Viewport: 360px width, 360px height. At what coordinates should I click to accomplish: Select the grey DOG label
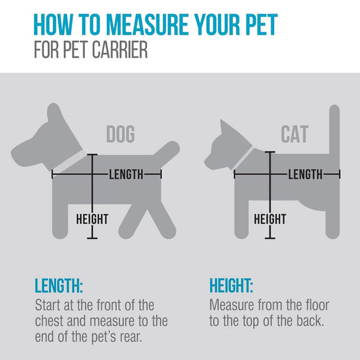pos(120,134)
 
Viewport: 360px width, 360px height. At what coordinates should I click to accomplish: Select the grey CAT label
pos(295,134)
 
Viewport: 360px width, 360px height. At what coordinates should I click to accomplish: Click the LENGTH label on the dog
pos(126,174)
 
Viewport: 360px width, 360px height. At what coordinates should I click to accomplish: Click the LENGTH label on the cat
pos(305,174)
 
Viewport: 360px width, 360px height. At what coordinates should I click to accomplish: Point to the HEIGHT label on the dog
pos(92,219)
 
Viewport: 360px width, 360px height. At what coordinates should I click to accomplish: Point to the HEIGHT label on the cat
pos(270,219)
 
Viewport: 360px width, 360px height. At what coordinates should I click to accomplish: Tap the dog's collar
pos(69,162)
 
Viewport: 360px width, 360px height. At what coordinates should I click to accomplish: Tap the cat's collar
pos(244,158)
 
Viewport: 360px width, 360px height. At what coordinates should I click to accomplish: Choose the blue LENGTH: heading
pos(59,286)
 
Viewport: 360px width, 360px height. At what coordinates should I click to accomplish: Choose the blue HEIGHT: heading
pos(231,286)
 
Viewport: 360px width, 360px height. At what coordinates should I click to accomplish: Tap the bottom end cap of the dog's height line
pos(92,238)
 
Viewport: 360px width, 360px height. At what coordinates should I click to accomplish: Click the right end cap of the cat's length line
pos(340,174)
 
